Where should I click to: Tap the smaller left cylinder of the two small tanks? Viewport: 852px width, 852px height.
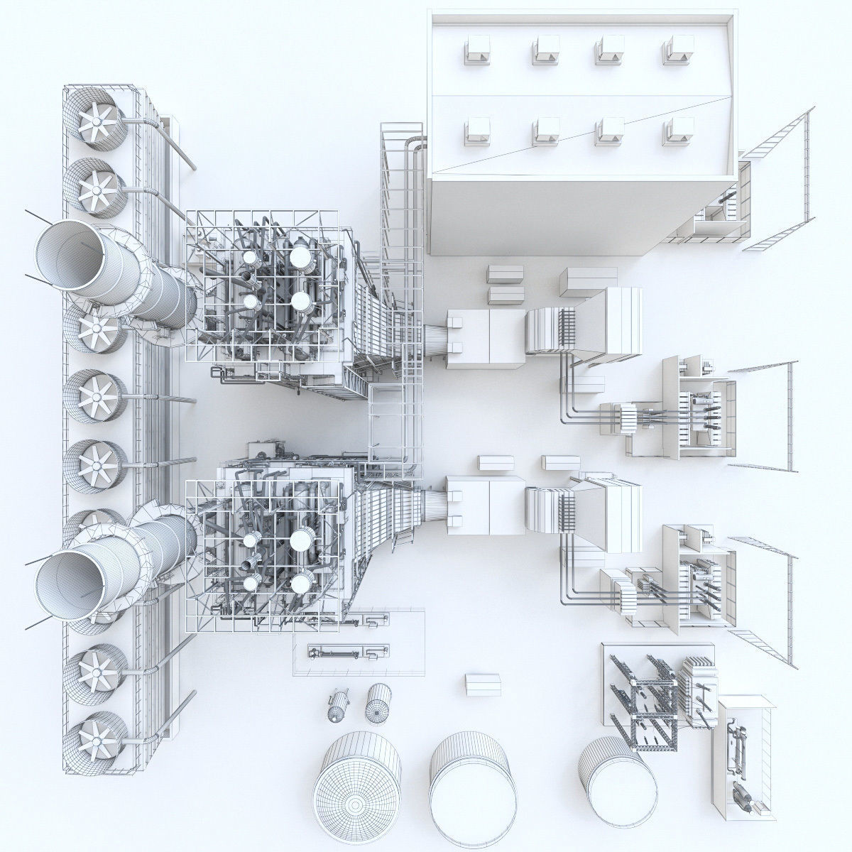(x=338, y=706)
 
